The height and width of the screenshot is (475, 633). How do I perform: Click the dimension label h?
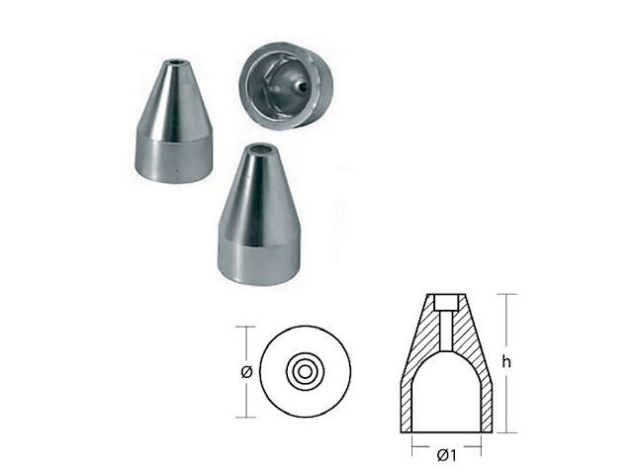tap(506, 362)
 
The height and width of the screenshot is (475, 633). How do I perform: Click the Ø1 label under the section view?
tap(446, 455)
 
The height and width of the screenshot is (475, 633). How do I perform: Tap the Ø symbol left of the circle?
tap(246, 372)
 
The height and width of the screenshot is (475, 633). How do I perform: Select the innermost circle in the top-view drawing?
tap(306, 371)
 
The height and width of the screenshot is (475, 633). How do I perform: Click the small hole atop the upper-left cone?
tap(175, 63)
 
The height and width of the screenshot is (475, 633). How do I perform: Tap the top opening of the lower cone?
tap(261, 150)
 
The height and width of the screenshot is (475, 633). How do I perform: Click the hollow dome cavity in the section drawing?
tap(446, 394)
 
